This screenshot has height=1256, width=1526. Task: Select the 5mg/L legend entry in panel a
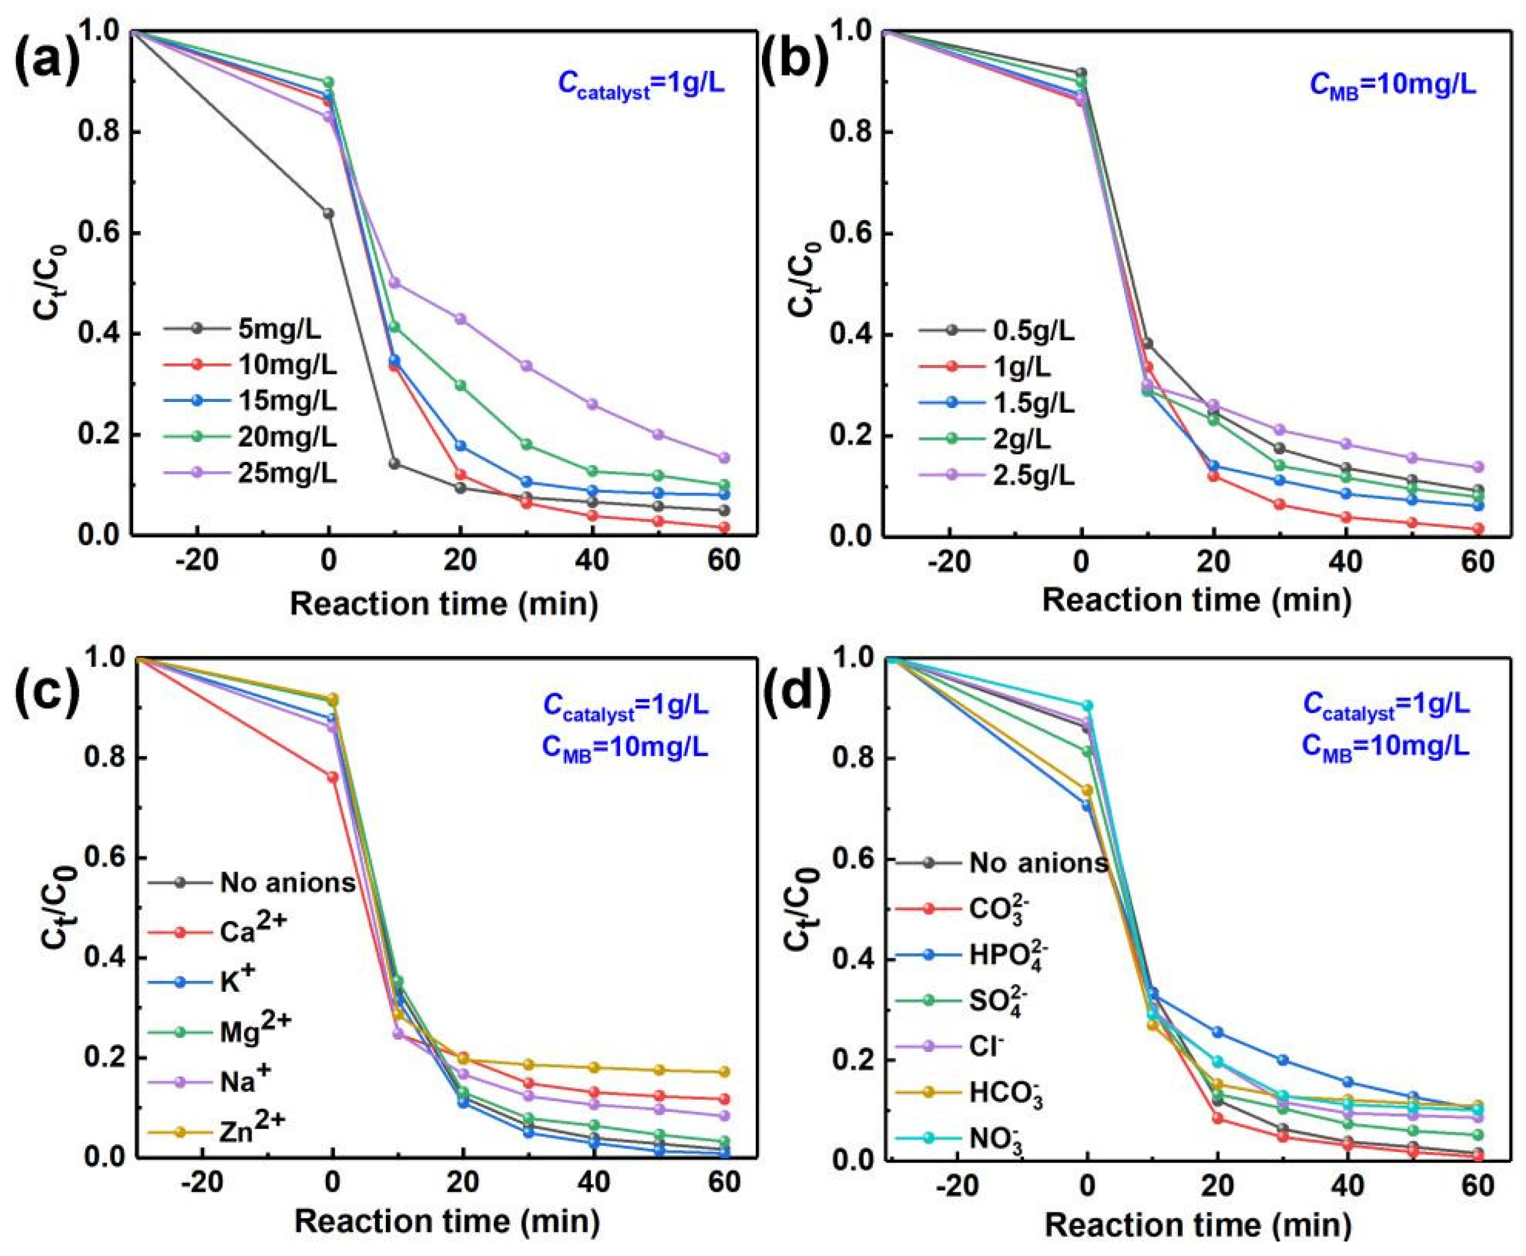coord(279,330)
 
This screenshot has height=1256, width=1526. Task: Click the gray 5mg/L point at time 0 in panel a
coord(328,213)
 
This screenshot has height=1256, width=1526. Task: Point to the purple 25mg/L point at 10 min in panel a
coord(394,283)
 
